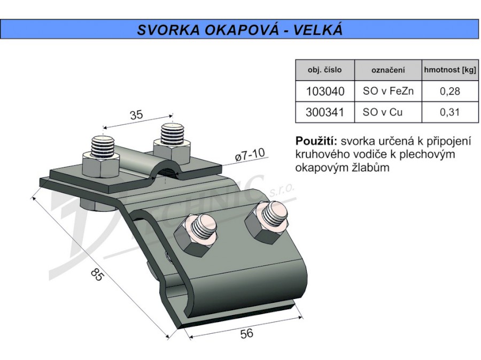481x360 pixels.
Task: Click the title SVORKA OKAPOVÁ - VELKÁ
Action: pyautogui.click(x=239, y=29)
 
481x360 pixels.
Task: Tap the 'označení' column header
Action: pyautogui.click(x=387, y=70)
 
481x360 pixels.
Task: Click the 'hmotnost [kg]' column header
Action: pyautogui.click(x=449, y=70)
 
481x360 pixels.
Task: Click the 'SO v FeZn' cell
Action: pyautogui.click(x=387, y=91)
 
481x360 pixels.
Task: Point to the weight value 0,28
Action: pyautogui.click(x=449, y=91)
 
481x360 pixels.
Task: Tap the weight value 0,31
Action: pyautogui.click(x=449, y=112)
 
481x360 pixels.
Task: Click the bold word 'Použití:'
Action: pyautogui.click(x=316, y=142)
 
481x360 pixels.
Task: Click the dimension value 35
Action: pyautogui.click(x=136, y=114)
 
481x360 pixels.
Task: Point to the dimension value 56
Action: pyautogui.click(x=246, y=334)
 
